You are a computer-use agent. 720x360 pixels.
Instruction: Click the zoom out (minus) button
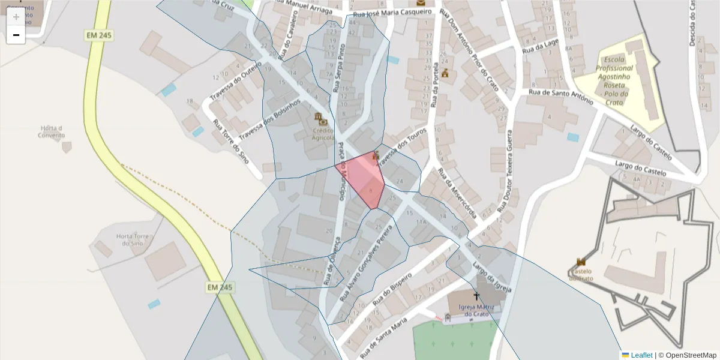[16, 35]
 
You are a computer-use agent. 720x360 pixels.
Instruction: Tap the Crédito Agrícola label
[323, 134]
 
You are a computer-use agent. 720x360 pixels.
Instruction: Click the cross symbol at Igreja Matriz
[477, 296]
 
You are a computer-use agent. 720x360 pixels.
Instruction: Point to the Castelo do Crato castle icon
[581, 262]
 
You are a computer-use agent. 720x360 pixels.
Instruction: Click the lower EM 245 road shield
[220, 287]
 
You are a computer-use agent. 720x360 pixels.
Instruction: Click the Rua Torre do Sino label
[230, 142]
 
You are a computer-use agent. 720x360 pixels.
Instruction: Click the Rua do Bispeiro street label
[393, 290]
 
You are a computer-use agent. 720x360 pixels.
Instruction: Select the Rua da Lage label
[540, 46]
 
